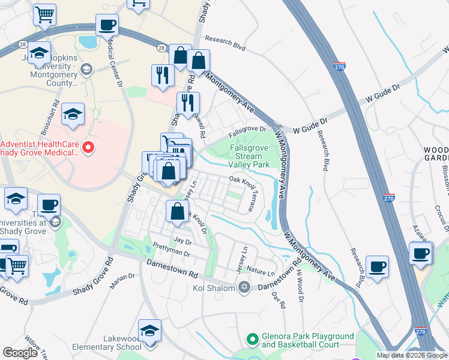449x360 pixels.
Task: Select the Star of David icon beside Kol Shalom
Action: tap(243, 289)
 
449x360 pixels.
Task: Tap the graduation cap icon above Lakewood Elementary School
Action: tap(149, 330)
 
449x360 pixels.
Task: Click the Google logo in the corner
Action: tap(20, 353)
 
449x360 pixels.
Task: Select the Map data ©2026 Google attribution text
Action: tap(411, 355)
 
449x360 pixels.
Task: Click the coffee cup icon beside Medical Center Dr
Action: tap(107, 26)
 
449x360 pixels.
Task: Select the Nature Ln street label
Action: tap(261, 272)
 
